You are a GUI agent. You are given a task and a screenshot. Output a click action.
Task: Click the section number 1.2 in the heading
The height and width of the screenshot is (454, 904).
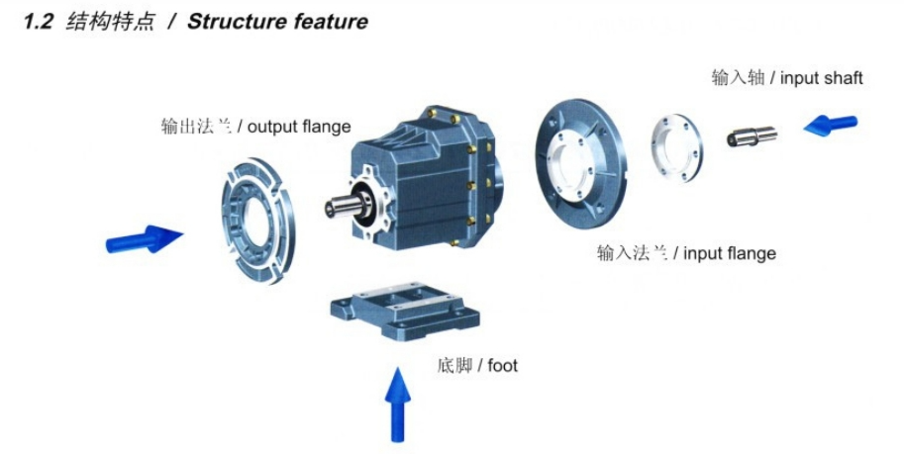pos(40,22)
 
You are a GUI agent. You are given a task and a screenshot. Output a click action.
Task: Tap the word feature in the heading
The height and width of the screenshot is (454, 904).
pos(327,22)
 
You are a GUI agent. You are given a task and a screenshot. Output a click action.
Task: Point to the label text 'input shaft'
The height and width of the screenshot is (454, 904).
pos(821,78)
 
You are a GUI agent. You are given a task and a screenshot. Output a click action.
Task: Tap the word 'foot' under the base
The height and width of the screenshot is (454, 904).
pos(502,366)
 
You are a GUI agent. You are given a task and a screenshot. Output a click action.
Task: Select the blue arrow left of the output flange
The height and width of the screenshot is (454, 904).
pos(145,239)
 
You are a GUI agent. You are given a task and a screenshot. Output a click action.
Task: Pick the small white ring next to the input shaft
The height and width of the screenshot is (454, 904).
pos(678,147)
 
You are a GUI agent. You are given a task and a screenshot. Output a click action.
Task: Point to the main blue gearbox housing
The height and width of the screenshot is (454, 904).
pos(426,168)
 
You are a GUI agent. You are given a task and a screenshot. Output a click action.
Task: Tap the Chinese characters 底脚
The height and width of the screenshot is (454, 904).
pos(453,366)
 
